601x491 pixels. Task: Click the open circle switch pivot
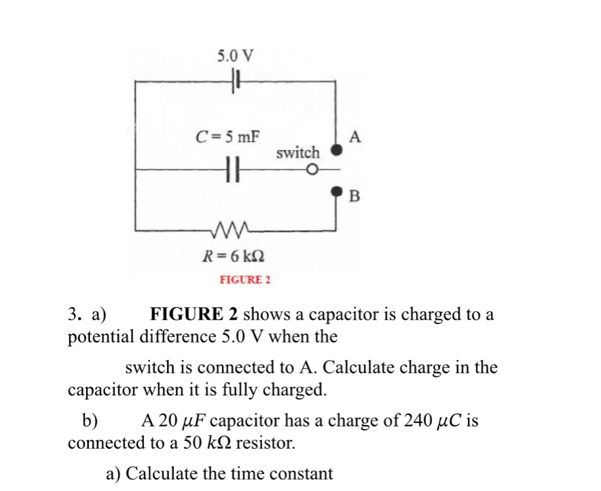coord(312,170)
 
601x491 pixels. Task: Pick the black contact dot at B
coord(335,192)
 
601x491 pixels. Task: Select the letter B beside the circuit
coord(354,198)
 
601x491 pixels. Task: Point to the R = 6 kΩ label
coord(234,256)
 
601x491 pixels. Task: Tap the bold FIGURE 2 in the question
coord(194,315)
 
